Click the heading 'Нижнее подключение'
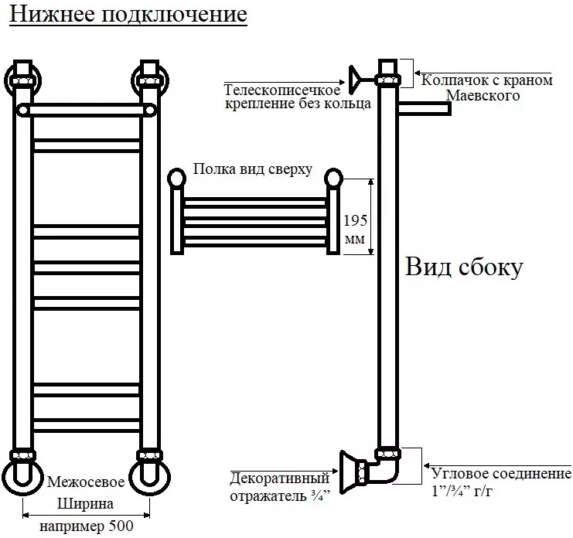[x=128, y=15]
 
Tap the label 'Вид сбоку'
[x=465, y=267]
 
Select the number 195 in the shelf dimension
[x=354, y=219]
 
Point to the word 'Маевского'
[x=483, y=95]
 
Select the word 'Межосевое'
[x=86, y=482]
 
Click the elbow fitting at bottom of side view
[x=387, y=468]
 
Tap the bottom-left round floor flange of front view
[x=22, y=478]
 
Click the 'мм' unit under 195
[x=354, y=240]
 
